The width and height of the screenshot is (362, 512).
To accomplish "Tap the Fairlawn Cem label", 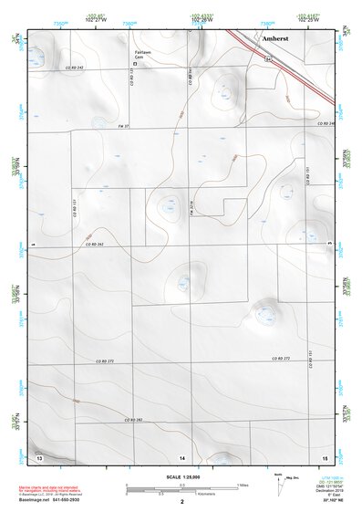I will click(144, 56).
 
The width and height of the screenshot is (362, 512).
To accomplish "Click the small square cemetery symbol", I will click(136, 64).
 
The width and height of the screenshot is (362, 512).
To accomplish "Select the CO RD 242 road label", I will click(75, 68).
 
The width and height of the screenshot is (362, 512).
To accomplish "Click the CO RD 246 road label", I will click(326, 124).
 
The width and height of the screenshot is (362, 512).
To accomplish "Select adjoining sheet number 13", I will click(39, 455).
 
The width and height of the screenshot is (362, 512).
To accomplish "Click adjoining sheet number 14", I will click(182, 455).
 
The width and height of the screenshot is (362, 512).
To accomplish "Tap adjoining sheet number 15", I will click(324, 455).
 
